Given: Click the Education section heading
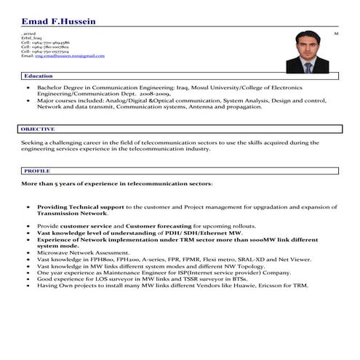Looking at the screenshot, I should click(39, 76).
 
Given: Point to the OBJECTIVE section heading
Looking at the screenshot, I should click(39, 129).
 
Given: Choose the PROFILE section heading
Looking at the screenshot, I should click(37, 170).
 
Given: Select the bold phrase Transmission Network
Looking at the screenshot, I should click(73, 213).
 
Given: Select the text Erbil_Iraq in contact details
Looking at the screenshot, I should click(31, 39).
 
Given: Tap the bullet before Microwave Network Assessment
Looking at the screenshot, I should click(28, 252).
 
